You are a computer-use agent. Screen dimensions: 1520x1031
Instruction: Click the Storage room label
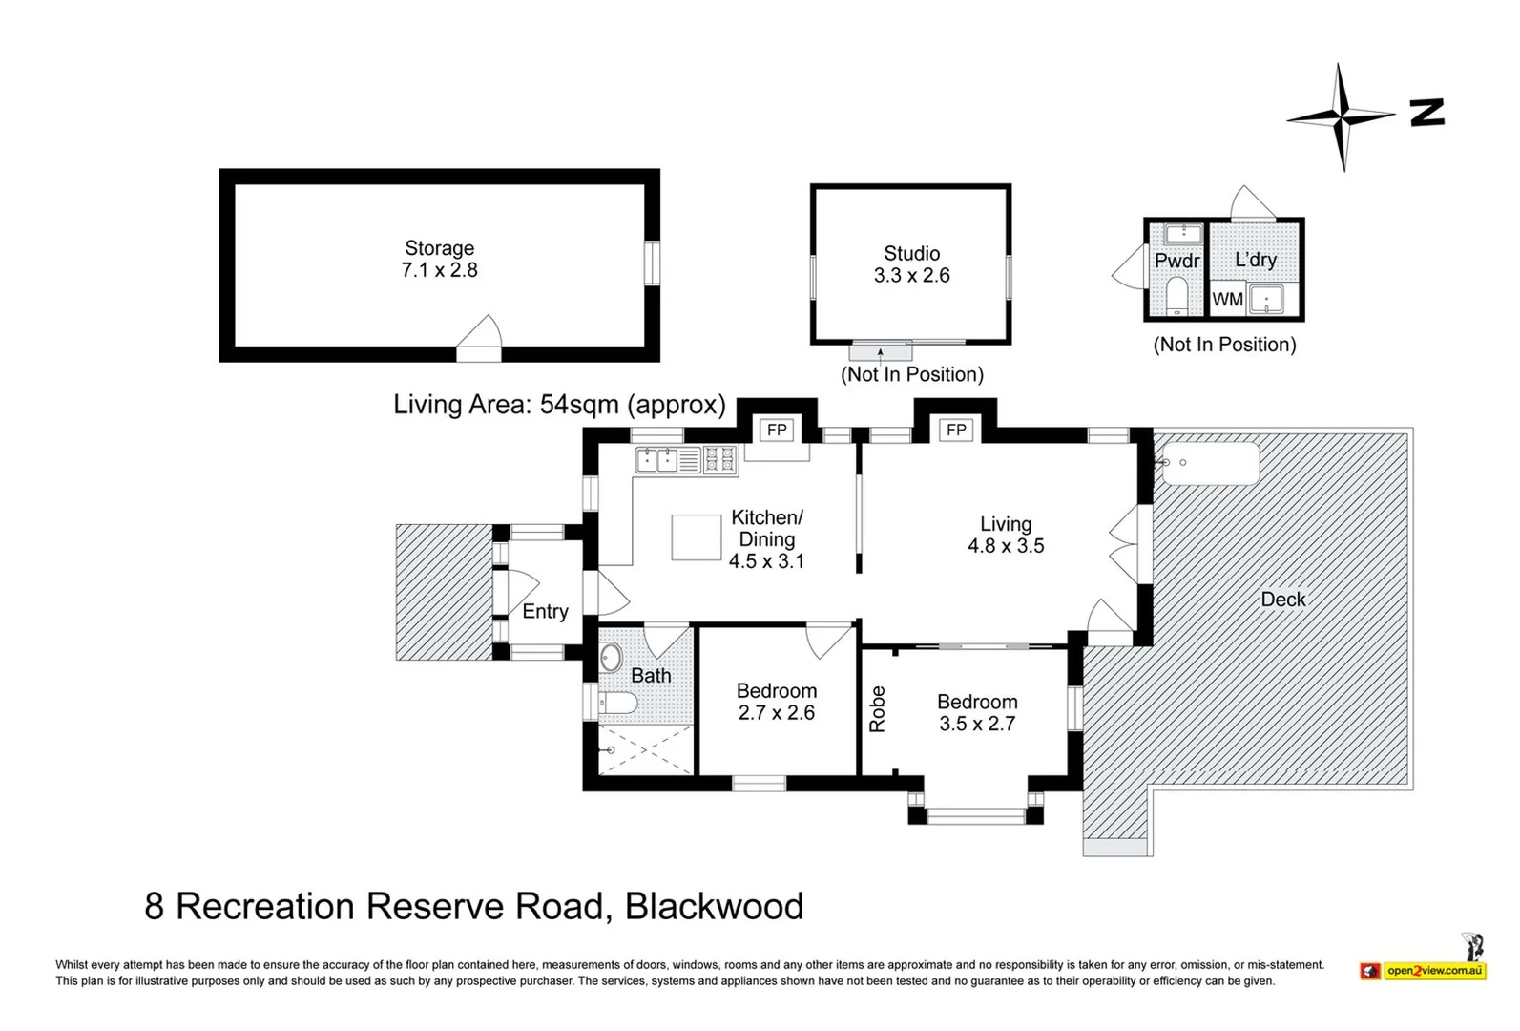tap(439, 259)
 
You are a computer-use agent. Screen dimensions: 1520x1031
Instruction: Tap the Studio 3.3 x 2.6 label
tap(911, 264)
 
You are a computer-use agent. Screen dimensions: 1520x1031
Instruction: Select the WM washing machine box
tap(1227, 299)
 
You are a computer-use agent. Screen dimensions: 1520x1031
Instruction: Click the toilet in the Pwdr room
tap(1177, 296)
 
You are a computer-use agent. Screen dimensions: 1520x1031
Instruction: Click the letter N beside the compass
tap(1427, 113)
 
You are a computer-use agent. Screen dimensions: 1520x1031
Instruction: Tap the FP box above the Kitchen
tap(777, 430)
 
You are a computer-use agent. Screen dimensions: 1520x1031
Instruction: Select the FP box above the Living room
tap(956, 430)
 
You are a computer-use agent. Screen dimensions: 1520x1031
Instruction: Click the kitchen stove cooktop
tap(720, 459)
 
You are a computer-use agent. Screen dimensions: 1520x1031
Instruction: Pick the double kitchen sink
tap(656, 459)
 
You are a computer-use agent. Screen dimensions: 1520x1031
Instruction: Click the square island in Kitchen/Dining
tap(697, 537)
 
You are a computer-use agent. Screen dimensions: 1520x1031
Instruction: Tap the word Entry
tap(545, 612)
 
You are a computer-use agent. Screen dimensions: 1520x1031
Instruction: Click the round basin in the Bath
tap(611, 657)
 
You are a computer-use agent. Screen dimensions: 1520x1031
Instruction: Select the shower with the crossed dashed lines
tap(645, 749)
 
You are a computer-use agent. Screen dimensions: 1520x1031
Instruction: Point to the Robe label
tap(878, 709)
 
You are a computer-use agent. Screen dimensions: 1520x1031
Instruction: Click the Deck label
tap(1282, 600)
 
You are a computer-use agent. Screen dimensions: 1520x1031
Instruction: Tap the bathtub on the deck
tap(1211, 464)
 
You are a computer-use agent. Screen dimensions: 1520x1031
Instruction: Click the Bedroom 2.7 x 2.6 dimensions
tap(777, 713)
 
